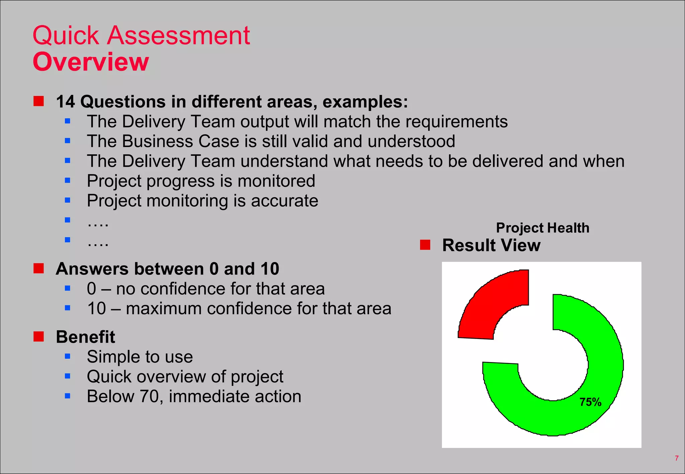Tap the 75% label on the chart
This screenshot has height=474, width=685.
point(590,402)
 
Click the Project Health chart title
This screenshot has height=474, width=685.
point(543,228)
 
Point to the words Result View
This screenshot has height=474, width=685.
point(491,245)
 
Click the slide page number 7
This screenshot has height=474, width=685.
point(677,458)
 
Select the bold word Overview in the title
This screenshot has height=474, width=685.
point(91,62)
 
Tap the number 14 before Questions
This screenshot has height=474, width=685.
point(65,102)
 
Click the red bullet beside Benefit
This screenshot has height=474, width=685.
point(39,337)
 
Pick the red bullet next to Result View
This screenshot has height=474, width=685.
point(425,245)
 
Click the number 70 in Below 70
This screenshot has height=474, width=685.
point(149,396)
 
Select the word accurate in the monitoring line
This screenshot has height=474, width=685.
point(284,201)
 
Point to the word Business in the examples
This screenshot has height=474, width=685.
point(158,141)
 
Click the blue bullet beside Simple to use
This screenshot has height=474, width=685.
point(68,356)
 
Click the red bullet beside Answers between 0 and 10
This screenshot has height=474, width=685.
point(39,268)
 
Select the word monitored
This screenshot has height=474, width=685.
point(276,181)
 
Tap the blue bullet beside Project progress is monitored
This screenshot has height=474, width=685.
point(68,181)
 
